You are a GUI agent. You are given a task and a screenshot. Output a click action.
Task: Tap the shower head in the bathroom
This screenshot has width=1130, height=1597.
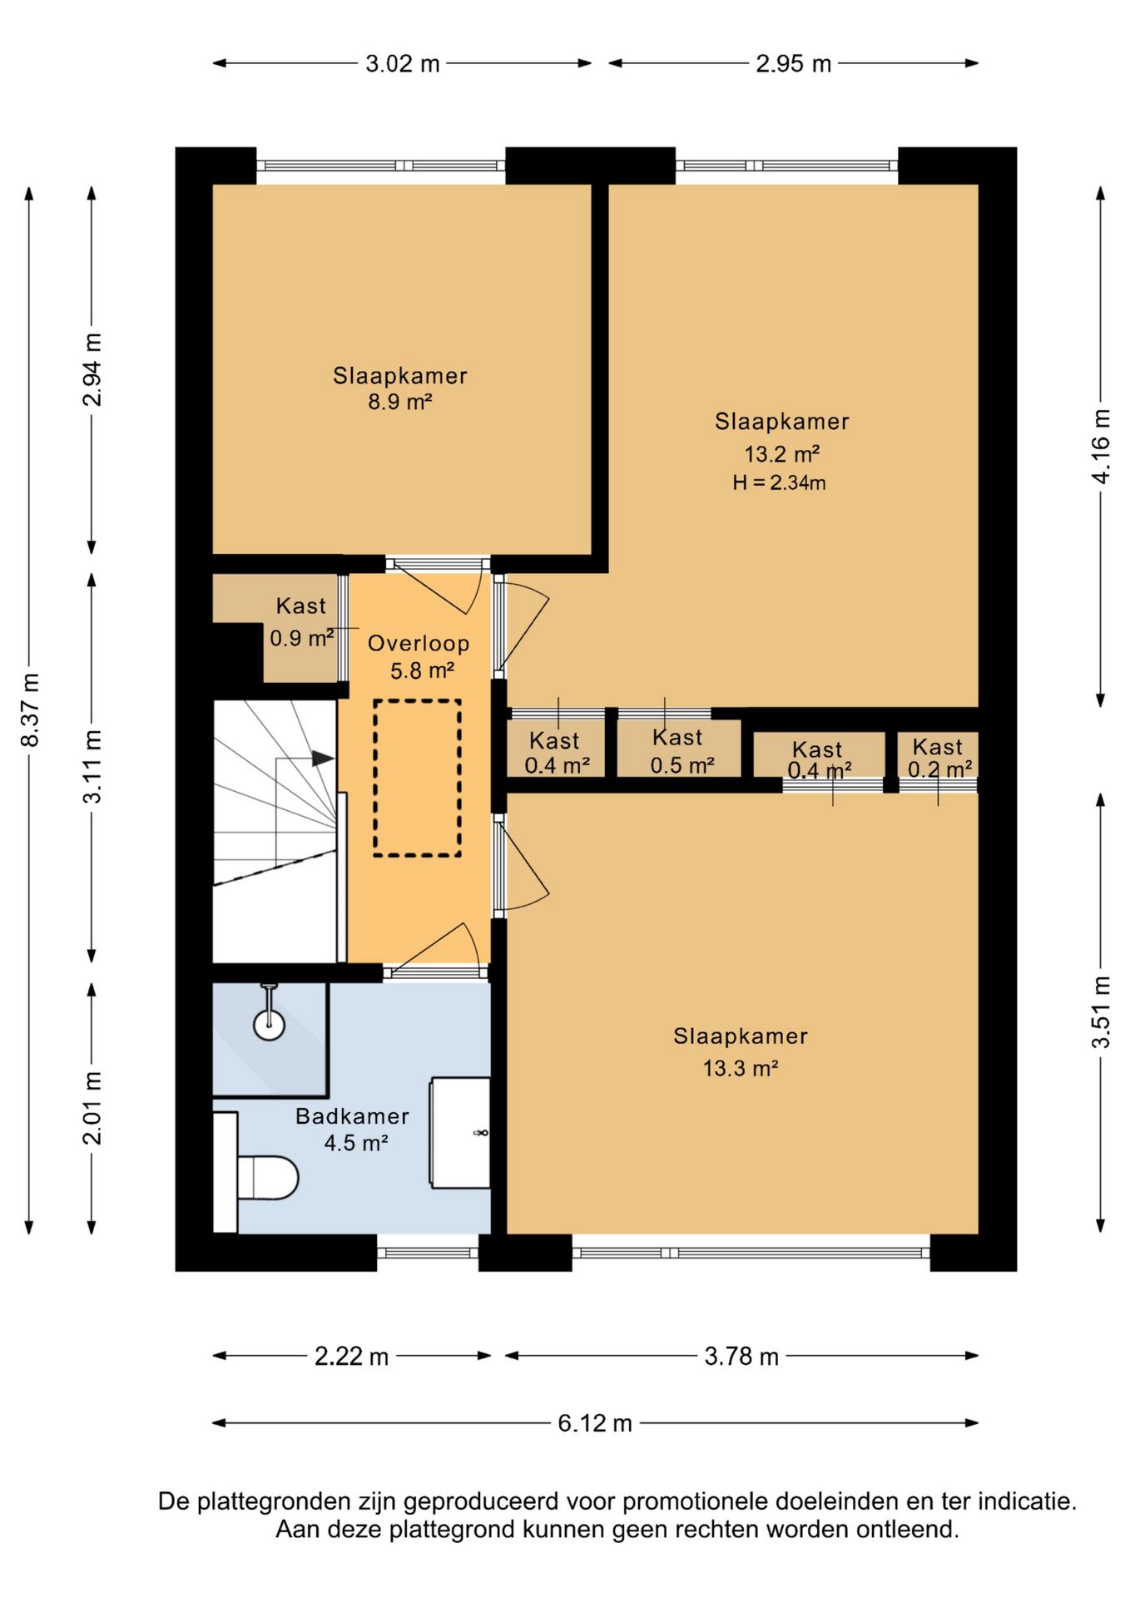pyautogui.click(x=269, y=1023)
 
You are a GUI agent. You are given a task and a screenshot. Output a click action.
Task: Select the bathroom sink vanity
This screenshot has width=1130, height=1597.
pyautogui.click(x=459, y=1132)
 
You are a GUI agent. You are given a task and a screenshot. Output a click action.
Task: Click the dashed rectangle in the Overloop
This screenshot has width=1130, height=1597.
pyautogui.click(x=417, y=779)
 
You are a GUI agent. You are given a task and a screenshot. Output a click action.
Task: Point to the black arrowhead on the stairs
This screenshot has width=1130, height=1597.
pyautogui.click(x=323, y=759)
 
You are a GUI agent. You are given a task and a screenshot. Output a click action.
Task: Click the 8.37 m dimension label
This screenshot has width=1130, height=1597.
pyautogui.click(x=30, y=710)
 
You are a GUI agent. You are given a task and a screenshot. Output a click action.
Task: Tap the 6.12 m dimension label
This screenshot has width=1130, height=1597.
pyautogui.click(x=595, y=1423)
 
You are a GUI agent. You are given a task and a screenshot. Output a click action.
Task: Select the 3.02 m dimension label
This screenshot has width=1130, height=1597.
pyautogui.click(x=403, y=63)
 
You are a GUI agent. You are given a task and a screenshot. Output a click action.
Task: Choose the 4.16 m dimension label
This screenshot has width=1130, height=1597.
pyautogui.click(x=1101, y=446)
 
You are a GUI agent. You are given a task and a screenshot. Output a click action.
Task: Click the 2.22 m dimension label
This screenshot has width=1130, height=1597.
pyautogui.click(x=352, y=1357)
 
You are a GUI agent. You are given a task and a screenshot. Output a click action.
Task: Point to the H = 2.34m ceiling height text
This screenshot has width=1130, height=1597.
pyautogui.click(x=780, y=482)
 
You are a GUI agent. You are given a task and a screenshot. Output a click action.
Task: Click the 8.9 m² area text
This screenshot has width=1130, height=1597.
pyautogui.click(x=400, y=402)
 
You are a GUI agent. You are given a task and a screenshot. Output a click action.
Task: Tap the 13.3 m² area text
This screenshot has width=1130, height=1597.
pyautogui.click(x=741, y=1068)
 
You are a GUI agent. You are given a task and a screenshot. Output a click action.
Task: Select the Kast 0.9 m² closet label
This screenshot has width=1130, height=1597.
pyautogui.click(x=301, y=621)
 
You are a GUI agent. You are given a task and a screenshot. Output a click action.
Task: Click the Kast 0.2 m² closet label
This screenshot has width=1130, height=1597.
pyautogui.click(x=939, y=758)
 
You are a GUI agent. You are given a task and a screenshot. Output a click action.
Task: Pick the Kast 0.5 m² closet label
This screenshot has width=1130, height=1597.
pyautogui.click(x=681, y=751)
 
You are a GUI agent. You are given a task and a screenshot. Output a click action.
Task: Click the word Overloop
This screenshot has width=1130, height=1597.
pyautogui.click(x=419, y=643)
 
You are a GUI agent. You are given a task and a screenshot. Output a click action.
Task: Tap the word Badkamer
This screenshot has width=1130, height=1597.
pyautogui.click(x=353, y=1116)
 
